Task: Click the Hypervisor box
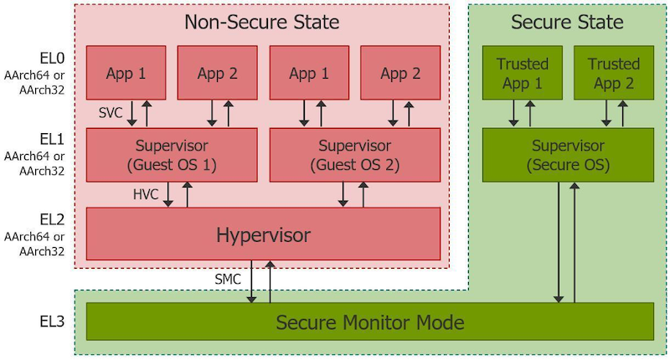(x=264, y=234)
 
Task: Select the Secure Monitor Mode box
(x=369, y=321)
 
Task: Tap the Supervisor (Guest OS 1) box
(x=172, y=156)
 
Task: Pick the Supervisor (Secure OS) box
(x=568, y=156)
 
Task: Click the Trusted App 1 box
(x=522, y=73)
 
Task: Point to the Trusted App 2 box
(x=613, y=73)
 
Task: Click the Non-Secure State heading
(x=262, y=21)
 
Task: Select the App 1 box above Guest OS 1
(x=126, y=73)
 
